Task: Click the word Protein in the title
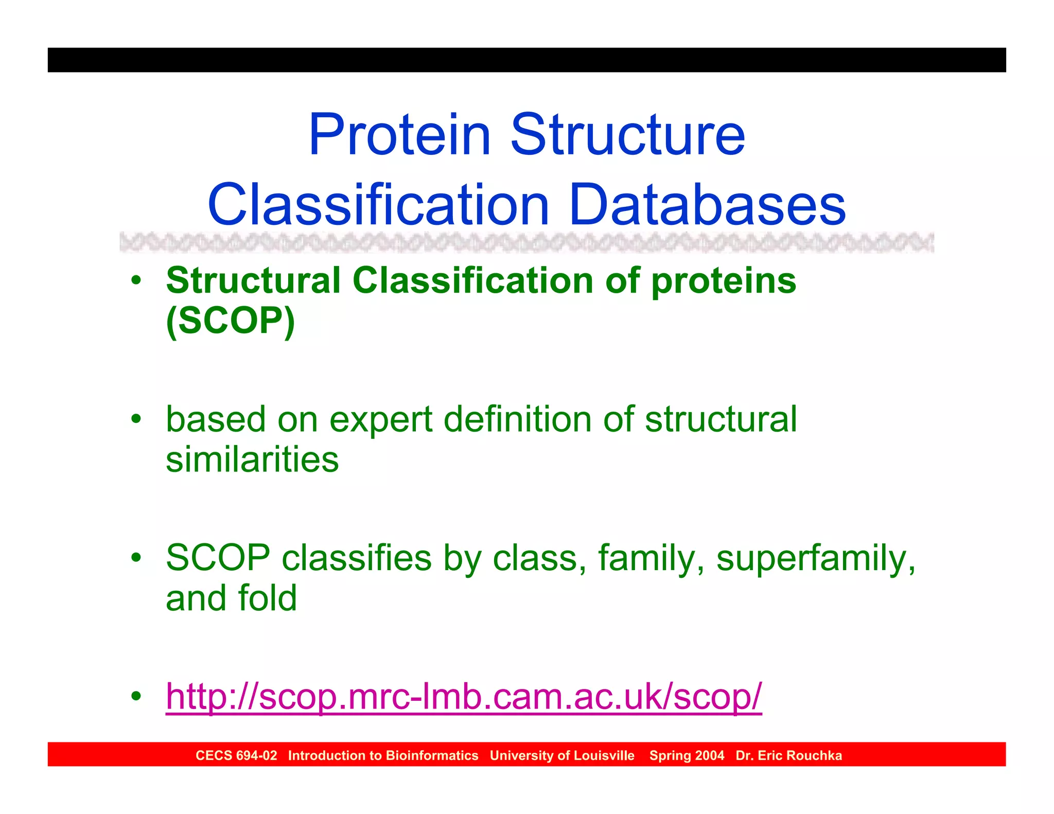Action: [x=399, y=135]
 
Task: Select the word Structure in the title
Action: [x=627, y=135]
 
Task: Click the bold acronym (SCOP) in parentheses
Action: [x=230, y=321]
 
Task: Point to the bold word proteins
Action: [x=724, y=281]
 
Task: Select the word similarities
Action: [x=252, y=459]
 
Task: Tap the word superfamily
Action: [x=815, y=558]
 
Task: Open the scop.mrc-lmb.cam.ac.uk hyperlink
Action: [x=463, y=697]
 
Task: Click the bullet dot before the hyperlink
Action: [x=136, y=696]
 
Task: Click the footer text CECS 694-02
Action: [x=236, y=755]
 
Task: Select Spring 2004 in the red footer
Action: [x=687, y=755]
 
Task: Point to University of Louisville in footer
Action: [x=562, y=755]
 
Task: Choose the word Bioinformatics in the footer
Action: [x=432, y=755]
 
